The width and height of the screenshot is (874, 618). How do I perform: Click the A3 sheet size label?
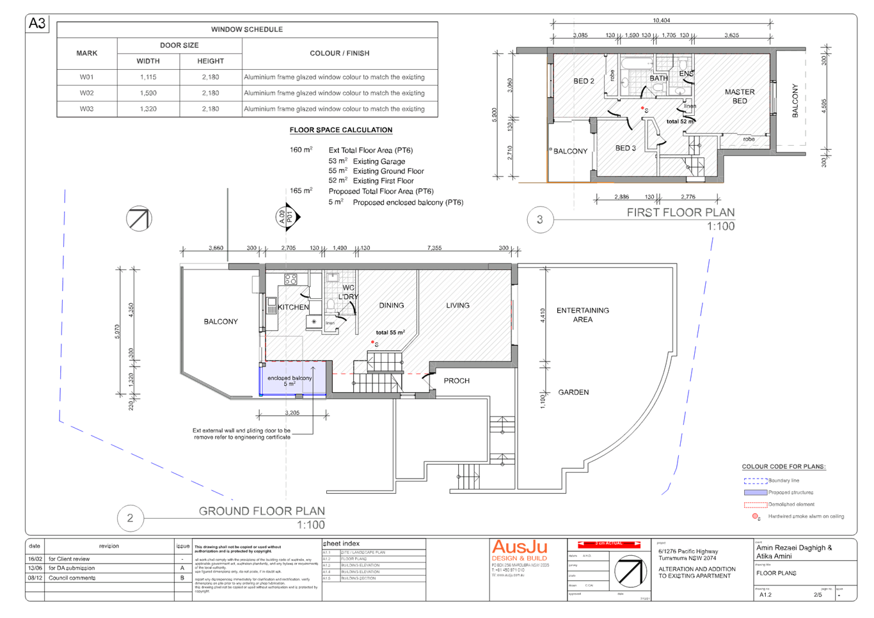point(37,24)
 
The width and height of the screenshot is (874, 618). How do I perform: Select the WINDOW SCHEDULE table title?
point(247,29)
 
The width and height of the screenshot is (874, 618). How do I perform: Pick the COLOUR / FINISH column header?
point(340,53)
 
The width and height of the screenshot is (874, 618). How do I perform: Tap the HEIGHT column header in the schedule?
point(211,61)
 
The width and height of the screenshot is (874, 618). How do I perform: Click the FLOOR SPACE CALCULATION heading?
point(341,130)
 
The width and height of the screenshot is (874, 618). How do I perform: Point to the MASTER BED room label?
point(740,96)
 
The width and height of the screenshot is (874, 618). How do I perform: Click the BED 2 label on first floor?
point(584,81)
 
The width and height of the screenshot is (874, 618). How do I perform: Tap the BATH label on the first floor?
point(658,78)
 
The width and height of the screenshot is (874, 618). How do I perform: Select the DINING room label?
point(392,305)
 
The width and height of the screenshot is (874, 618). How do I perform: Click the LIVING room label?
point(458,305)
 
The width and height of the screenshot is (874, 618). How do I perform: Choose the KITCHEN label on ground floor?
point(294,308)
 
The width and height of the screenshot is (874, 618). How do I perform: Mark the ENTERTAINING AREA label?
point(582,315)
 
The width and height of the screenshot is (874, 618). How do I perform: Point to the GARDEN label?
point(573,392)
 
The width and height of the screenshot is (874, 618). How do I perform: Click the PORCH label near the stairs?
point(456,381)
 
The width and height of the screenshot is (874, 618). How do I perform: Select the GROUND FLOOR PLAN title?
point(262,511)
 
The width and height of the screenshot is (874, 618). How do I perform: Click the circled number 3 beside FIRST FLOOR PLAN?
point(540,219)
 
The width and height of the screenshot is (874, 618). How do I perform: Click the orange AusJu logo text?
point(520,548)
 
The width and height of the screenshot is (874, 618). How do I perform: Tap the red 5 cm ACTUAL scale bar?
point(608,544)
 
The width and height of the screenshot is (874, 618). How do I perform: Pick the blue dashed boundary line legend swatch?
point(755,480)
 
